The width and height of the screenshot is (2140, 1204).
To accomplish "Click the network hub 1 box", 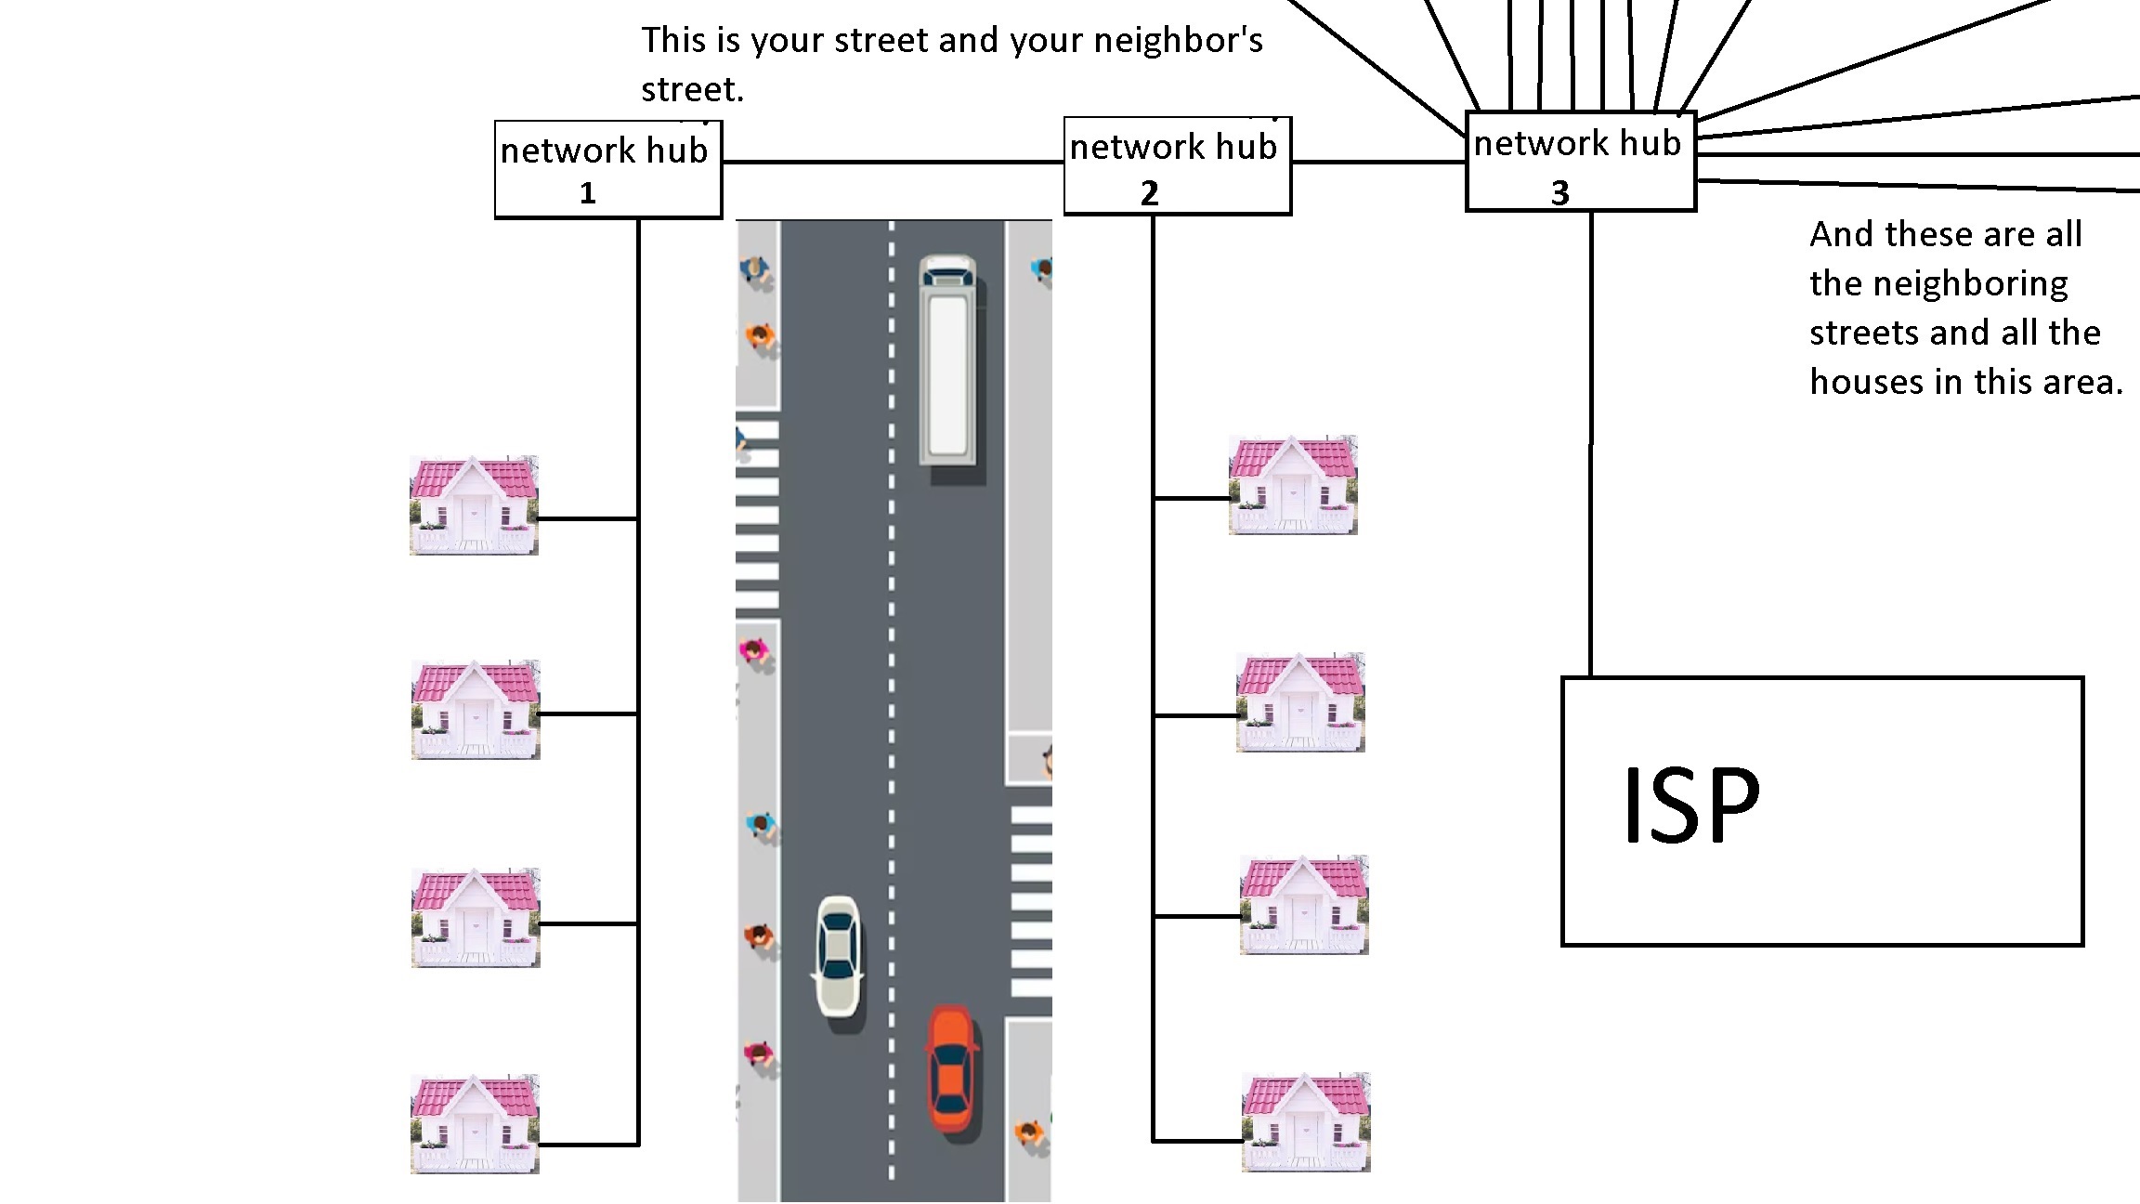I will [x=608, y=170].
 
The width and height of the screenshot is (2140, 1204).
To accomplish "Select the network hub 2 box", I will [x=1177, y=166].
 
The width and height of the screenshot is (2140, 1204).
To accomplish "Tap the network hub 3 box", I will [x=1580, y=162].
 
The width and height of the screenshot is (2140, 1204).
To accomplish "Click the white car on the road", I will [x=839, y=954].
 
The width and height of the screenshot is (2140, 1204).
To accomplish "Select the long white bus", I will [x=947, y=361].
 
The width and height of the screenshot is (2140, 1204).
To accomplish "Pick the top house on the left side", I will [x=474, y=505].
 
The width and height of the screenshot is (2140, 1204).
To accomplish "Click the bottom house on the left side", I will [x=475, y=1124].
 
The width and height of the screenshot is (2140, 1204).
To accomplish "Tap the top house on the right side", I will [x=1293, y=485].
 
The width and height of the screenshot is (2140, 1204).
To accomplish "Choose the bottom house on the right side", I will [x=1306, y=1122].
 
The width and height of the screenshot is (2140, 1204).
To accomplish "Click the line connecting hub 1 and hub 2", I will [x=892, y=163].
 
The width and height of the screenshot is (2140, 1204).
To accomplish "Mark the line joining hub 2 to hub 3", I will [x=1378, y=163].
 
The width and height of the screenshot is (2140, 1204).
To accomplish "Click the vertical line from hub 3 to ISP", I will [x=1591, y=446].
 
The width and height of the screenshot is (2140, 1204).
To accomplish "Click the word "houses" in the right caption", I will [x=1867, y=382].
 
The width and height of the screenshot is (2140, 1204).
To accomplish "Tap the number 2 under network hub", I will [x=1150, y=193].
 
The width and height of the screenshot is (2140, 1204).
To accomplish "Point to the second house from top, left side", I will [x=476, y=711].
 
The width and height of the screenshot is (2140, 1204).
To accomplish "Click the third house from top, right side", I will [x=1304, y=905].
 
